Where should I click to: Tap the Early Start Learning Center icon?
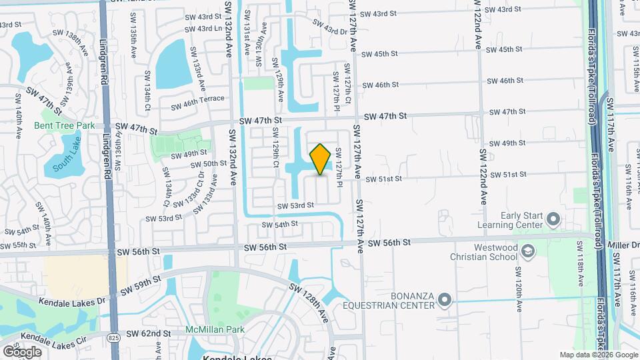point(553,219)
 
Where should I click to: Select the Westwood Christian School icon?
point(528,251)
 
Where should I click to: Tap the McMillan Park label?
point(215,329)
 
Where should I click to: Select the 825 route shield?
point(113,339)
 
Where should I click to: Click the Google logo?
point(22,351)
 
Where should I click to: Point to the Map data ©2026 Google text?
point(599,355)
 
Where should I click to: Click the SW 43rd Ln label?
point(203,29)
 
